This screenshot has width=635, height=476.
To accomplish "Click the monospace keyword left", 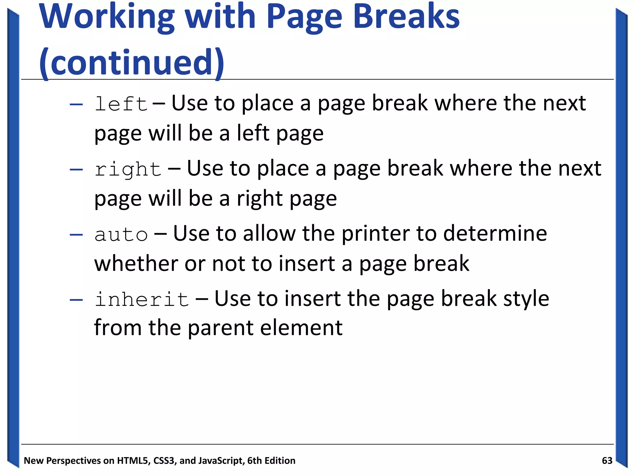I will click(x=121, y=104).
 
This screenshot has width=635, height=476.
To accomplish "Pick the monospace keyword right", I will click(x=128, y=169).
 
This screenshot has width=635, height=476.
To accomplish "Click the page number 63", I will click(x=607, y=461).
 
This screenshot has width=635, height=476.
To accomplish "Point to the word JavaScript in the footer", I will click(x=220, y=461).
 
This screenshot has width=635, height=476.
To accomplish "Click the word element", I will click(x=301, y=328).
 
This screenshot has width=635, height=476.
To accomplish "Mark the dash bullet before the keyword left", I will click(x=76, y=104).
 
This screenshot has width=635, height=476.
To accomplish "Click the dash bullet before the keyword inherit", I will click(x=76, y=300).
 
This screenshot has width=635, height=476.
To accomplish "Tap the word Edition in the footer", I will click(x=280, y=461).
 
